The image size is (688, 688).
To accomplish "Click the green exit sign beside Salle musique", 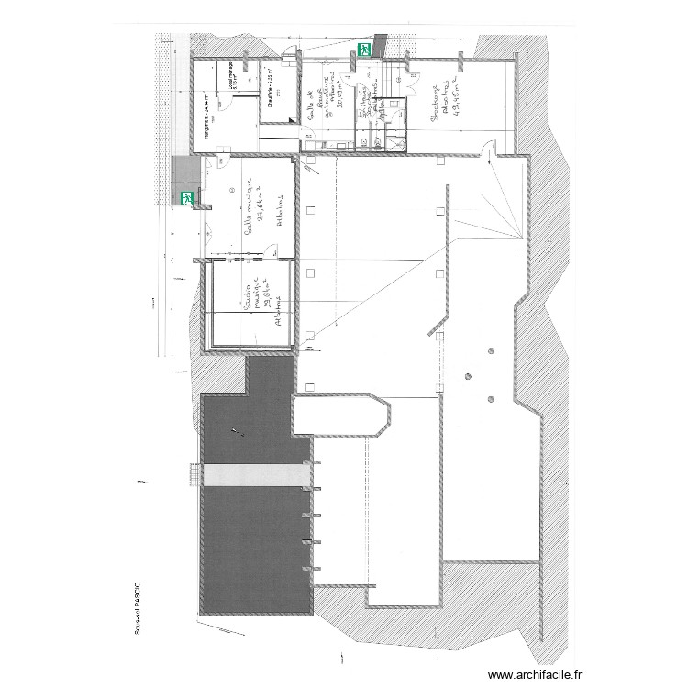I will (x=188, y=196).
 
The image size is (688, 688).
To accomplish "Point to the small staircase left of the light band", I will (x=193, y=475).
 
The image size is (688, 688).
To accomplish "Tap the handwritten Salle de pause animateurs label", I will (x=321, y=101).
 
